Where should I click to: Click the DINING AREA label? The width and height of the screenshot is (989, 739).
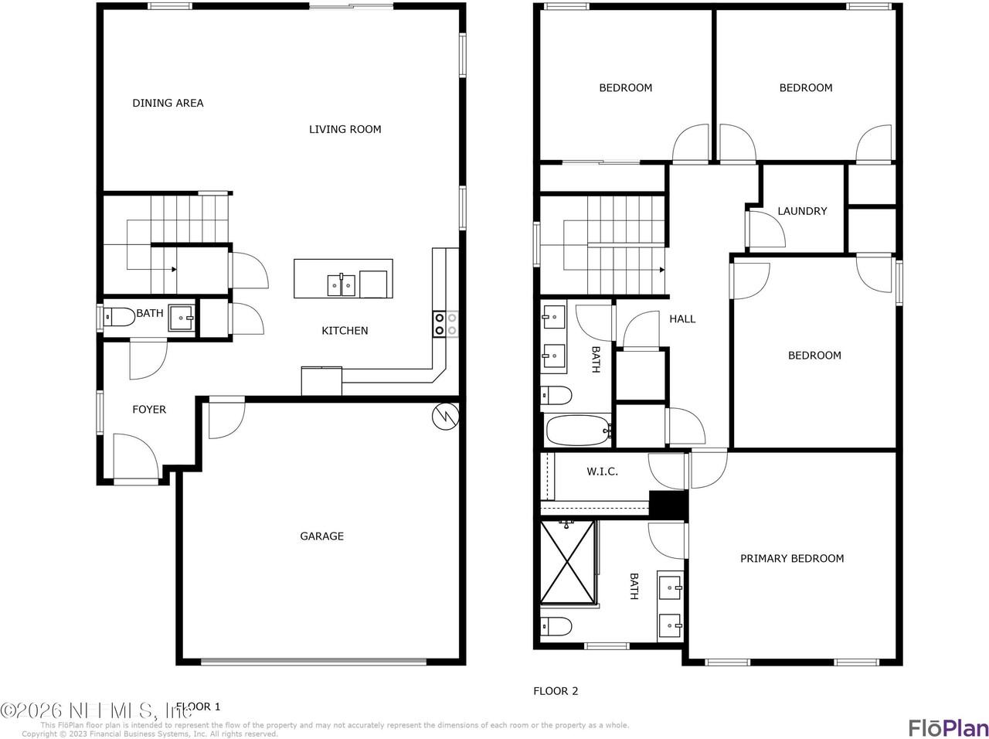168,103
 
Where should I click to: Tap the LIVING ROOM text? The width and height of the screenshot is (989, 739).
345,129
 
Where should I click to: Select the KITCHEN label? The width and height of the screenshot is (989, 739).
345,331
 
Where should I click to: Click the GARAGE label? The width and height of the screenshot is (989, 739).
321,536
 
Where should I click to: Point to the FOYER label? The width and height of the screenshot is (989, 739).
149,410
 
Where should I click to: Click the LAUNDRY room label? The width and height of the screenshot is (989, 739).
802,211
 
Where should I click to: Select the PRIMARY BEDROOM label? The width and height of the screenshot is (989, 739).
792,558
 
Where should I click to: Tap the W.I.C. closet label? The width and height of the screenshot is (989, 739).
602,472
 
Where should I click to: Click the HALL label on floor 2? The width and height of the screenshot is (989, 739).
682,318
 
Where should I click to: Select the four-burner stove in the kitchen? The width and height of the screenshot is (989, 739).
445,323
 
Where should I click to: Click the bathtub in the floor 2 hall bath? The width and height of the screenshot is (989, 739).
578,431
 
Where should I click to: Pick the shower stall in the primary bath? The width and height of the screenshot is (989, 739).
568,561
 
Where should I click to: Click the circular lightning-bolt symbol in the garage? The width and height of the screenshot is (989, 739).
444,417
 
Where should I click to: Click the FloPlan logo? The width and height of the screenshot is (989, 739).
947,727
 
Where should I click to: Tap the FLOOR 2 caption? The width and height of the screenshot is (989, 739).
556,691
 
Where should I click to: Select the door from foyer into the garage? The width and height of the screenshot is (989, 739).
226,419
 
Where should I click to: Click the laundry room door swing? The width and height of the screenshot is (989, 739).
766,229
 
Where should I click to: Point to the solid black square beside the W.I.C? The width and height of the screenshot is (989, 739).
668,505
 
